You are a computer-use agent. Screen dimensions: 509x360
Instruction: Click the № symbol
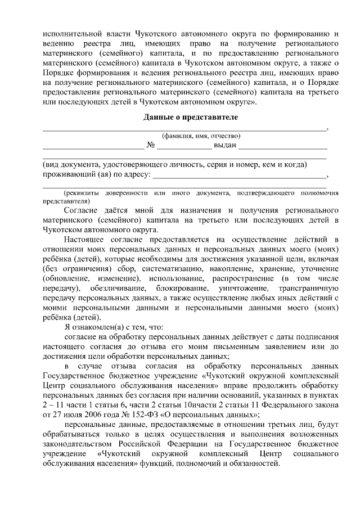[x=151, y=145]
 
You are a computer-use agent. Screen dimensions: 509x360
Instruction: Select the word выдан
[x=225, y=145]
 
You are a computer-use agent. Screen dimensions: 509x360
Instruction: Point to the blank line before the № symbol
[x=93, y=147]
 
